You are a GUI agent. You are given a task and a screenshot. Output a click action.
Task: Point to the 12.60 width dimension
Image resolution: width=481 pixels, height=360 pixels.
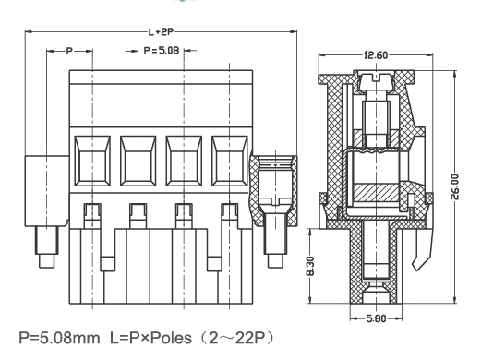pyautogui.click(x=376, y=56)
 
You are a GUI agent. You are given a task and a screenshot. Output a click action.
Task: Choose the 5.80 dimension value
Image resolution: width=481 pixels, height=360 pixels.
pyautogui.click(x=376, y=318)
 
